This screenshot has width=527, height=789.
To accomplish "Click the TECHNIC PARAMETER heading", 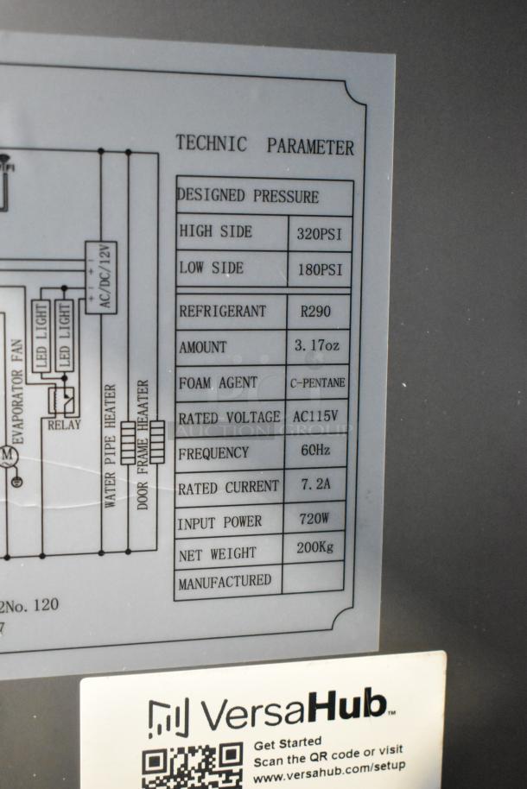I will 264,145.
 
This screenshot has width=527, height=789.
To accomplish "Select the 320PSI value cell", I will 320,232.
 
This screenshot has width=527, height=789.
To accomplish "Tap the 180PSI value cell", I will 320,269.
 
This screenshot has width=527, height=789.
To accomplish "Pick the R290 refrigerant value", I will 313,311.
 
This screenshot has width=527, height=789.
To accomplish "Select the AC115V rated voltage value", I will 315,416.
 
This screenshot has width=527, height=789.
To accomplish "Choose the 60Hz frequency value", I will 314,451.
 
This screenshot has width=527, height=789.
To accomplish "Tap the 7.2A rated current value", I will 314,485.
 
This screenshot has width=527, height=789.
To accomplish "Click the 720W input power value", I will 314,521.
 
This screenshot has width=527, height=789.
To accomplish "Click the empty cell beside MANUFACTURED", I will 313,578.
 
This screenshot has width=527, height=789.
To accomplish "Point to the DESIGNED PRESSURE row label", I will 248,196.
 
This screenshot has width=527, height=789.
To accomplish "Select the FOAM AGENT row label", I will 218,382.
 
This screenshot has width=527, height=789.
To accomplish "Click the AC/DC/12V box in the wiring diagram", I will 101,277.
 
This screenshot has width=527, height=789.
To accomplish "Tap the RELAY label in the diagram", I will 64,424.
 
